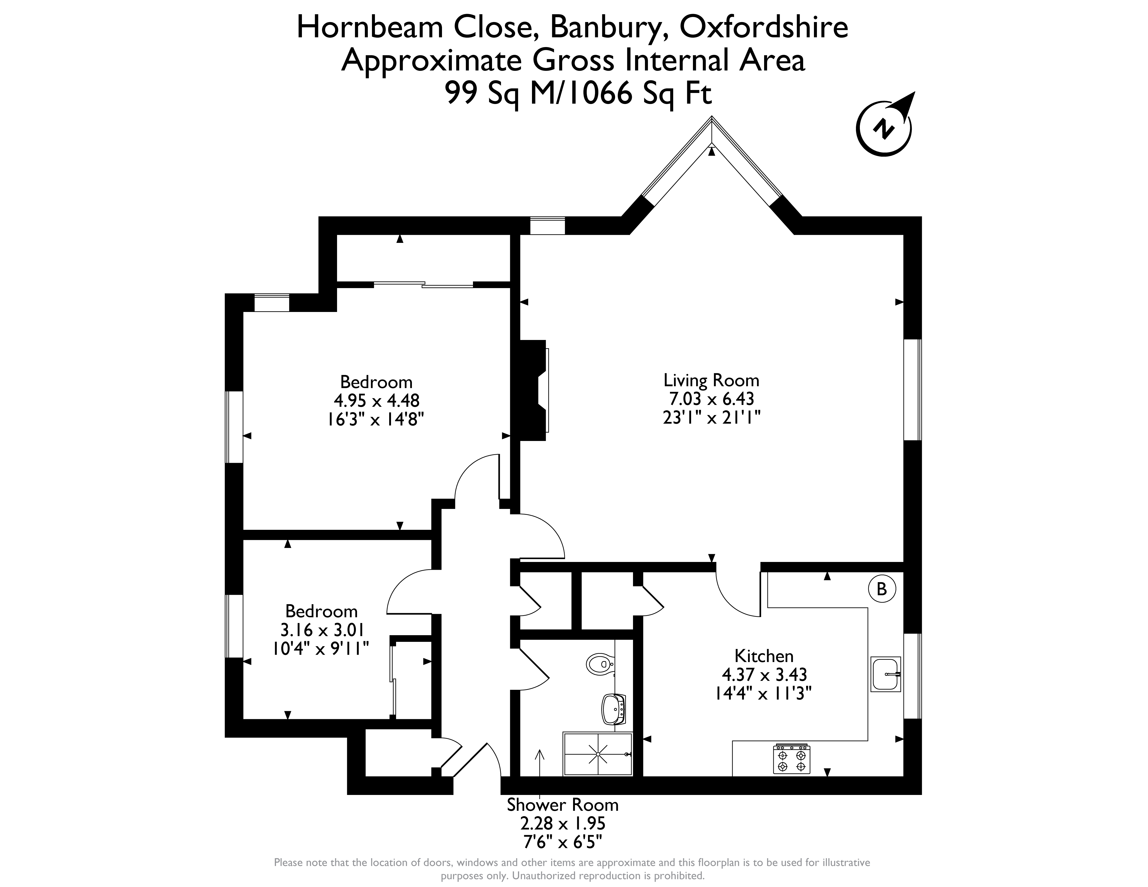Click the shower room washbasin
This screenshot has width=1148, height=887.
tap(614, 709)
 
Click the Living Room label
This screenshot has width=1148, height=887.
tap(711, 380)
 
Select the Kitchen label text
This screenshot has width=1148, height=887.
tap(764, 656)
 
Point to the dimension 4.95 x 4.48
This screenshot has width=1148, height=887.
tap(376, 400)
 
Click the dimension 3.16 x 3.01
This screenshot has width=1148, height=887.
tap(321, 629)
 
